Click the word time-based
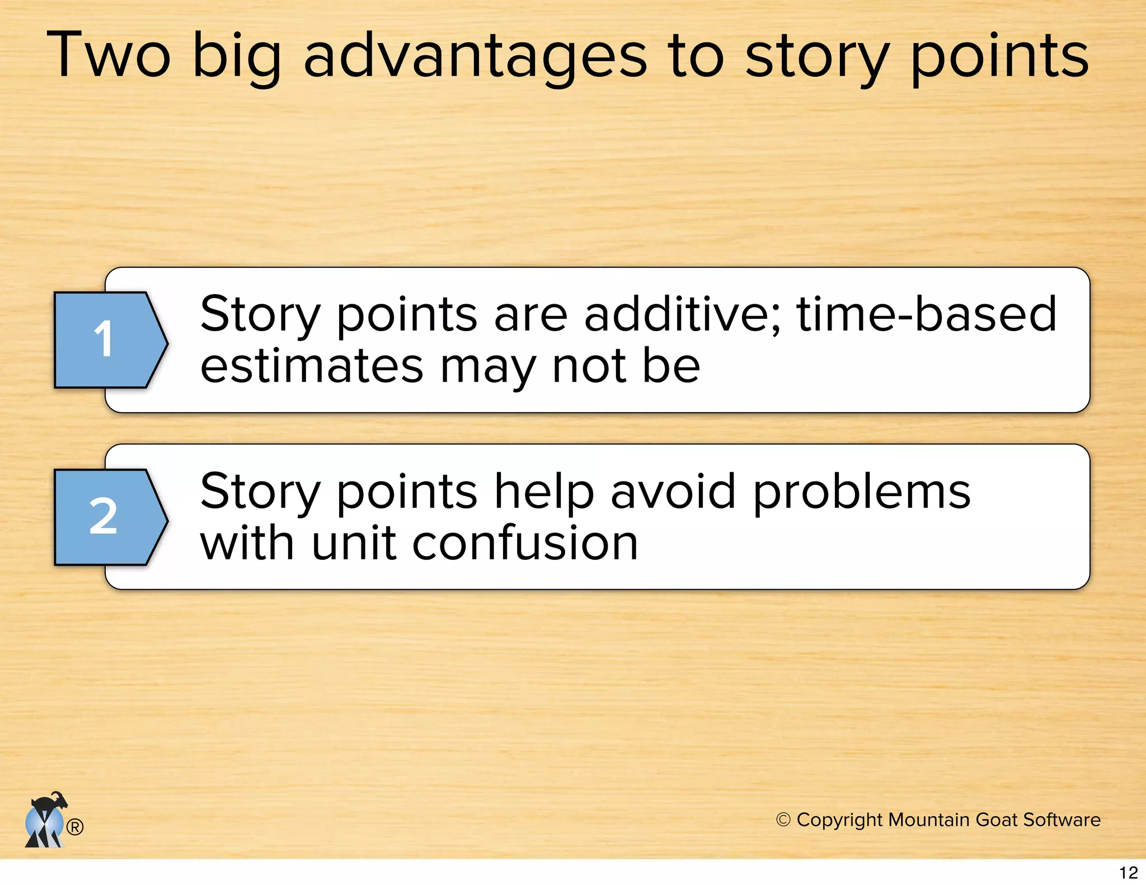coord(927,314)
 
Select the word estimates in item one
coord(312,366)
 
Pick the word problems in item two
coord(861,491)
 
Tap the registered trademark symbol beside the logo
coord(75,827)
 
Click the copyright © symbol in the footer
coord(783,820)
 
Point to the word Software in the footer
coord(1062,820)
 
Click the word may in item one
coord(487,366)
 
